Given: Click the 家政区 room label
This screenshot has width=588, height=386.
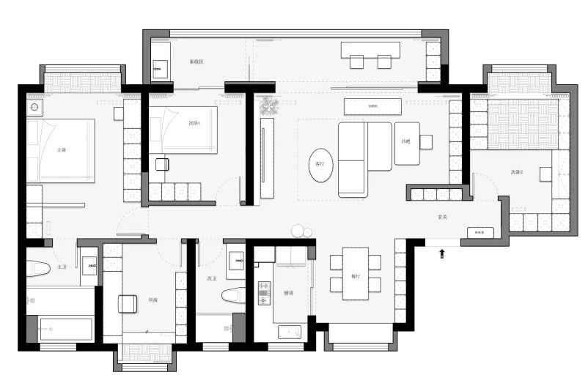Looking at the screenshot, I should [196, 62].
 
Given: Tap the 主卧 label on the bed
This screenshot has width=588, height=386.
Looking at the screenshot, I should [62, 150].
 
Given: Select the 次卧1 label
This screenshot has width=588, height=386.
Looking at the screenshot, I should [194, 123].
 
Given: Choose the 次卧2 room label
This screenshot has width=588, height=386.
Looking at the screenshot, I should [518, 172].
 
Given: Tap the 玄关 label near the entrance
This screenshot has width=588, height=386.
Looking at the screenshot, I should [442, 217].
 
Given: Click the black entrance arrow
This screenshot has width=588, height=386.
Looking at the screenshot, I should [442, 254].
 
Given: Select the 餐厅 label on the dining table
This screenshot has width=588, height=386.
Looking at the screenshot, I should [356, 276].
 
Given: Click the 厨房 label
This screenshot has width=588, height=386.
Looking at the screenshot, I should [289, 293].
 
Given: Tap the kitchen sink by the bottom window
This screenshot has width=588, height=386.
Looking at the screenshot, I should [290, 331].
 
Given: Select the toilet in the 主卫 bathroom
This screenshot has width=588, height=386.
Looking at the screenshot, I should [37, 268].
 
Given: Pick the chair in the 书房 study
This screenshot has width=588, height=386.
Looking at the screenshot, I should [129, 304].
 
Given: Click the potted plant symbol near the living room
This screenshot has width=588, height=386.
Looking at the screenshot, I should [268, 106].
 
